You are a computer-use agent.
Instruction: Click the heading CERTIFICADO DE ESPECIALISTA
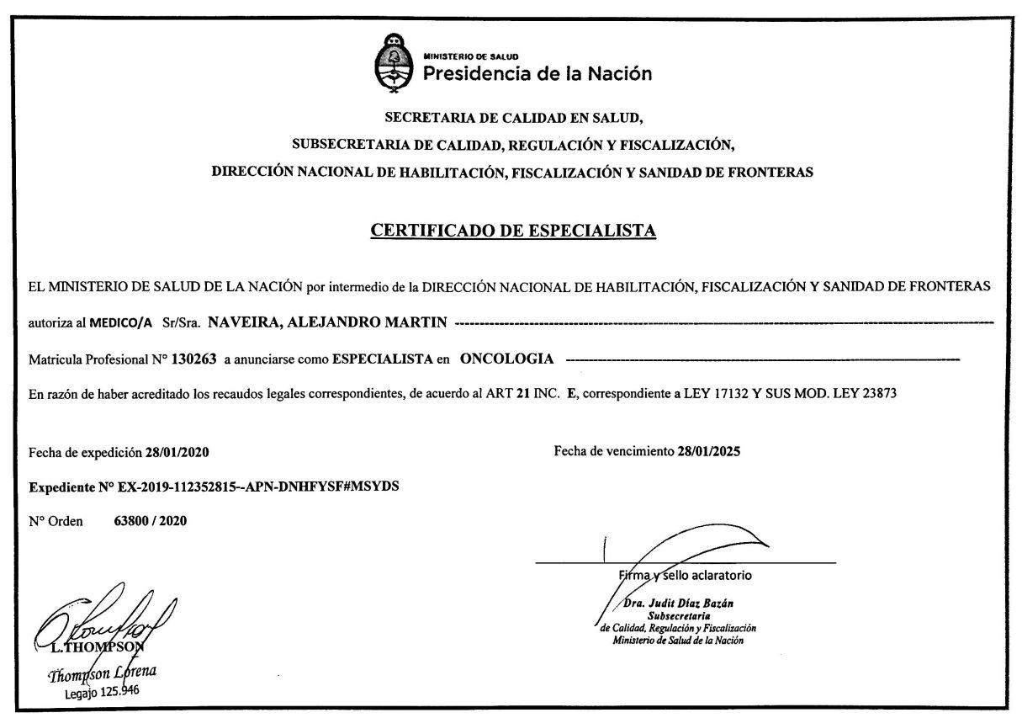pyautogui.click(x=513, y=231)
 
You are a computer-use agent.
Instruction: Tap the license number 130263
pyautogui.click(x=193, y=359)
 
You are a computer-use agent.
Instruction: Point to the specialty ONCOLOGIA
pyautogui.click(x=506, y=359)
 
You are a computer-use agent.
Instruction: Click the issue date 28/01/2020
pyautogui.click(x=177, y=452)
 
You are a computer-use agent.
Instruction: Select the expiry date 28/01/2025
pyautogui.click(x=708, y=451)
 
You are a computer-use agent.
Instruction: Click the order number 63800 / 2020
pyautogui.click(x=150, y=521)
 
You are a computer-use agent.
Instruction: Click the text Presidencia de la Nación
pyautogui.click(x=537, y=73)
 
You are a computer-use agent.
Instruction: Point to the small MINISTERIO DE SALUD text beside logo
pyautogui.click(x=464, y=56)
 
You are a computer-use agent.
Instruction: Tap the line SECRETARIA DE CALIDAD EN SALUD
pyautogui.click(x=513, y=116)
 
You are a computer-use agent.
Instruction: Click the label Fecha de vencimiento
pyautogui.click(x=614, y=451)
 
